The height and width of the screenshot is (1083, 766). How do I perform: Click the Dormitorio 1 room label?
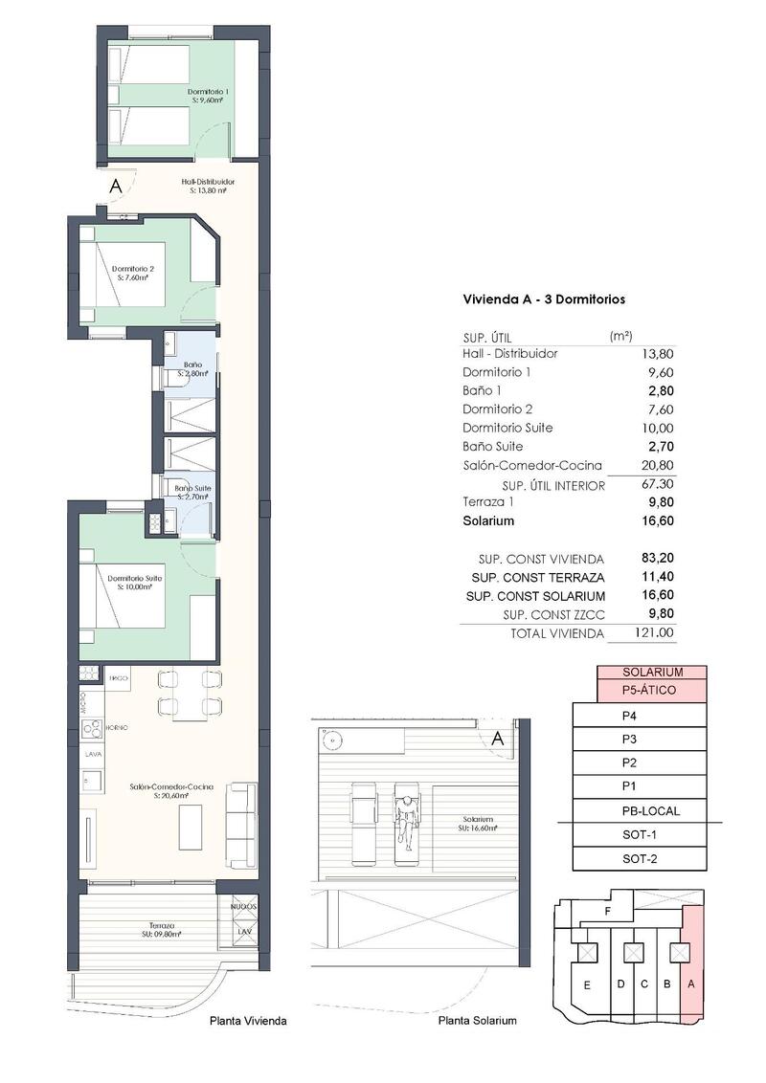pyautogui.click(x=207, y=96)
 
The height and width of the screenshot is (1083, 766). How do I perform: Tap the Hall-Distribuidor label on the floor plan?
pyautogui.click(x=208, y=186)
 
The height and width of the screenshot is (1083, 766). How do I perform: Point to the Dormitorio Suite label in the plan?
pyautogui.click(x=134, y=582)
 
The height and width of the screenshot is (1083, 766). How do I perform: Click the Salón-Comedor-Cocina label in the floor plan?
pyautogui.click(x=171, y=789)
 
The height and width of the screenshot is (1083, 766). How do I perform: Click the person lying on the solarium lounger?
pyautogui.click(x=407, y=818)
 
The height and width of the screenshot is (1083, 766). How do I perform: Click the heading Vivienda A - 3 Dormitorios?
pyautogui.click(x=544, y=299)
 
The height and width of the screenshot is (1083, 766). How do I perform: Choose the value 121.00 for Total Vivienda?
pyautogui.click(x=656, y=632)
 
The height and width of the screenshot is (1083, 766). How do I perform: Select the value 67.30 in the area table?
pyautogui.click(x=656, y=485)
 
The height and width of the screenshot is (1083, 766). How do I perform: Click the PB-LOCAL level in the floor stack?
pyautogui.click(x=652, y=811)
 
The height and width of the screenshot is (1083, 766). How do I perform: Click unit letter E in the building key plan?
pyautogui.click(x=585, y=984)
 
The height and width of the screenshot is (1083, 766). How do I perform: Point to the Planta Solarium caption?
pyautogui.click(x=477, y=1021)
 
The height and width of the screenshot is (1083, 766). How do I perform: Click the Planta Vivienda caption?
pyautogui.click(x=248, y=1021)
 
